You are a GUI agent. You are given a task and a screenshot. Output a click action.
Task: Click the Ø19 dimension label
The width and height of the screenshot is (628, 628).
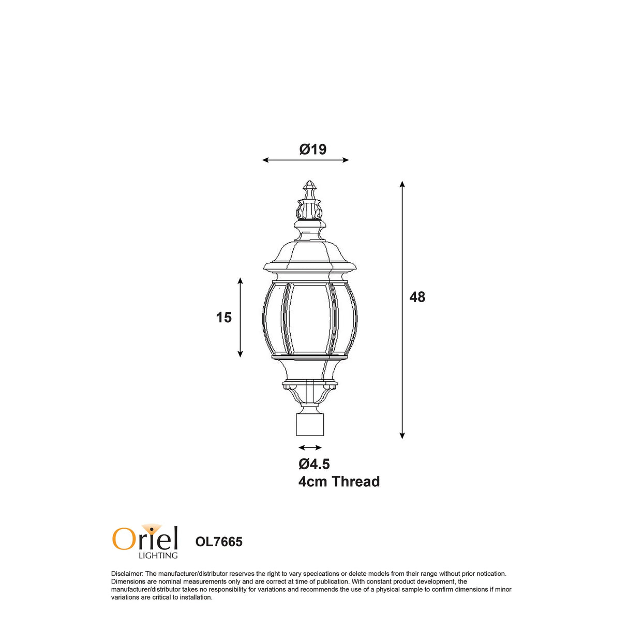[x=313, y=149]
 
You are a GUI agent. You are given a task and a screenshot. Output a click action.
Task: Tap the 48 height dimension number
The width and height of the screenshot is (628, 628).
[x=417, y=297]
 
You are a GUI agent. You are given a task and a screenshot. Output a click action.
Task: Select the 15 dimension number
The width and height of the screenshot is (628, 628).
[x=224, y=318]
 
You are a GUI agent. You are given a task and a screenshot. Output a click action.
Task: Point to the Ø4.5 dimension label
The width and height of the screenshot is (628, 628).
[x=314, y=464]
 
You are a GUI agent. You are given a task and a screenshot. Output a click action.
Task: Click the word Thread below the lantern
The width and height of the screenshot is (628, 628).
[x=356, y=482]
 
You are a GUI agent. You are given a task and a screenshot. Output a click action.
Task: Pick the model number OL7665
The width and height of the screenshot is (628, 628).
[x=219, y=542]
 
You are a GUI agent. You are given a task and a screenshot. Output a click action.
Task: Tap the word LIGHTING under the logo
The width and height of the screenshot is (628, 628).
[x=158, y=556]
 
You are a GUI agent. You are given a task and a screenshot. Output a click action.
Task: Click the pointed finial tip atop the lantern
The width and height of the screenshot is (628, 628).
[x=310, y=183]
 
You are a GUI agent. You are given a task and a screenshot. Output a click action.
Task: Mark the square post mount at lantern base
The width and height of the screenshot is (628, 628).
[x=310, y=424]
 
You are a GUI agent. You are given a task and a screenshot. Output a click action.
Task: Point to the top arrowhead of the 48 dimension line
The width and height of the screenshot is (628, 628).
[x=402, y=184]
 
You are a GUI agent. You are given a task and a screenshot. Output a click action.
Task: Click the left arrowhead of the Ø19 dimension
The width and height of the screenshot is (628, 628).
[x=265, y=160]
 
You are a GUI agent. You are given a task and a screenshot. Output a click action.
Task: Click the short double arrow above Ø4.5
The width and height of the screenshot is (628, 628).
[x=310, y=447]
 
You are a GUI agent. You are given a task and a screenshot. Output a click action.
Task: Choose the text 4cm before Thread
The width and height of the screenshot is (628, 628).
[x=312, y=482]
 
